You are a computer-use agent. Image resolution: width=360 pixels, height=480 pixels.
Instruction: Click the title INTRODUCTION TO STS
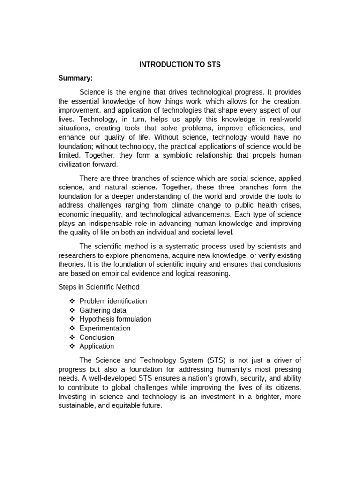tap(180, 65)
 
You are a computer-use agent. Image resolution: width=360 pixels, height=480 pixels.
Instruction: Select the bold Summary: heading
tap(75, 78)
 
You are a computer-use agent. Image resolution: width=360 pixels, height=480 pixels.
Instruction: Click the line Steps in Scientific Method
tap(98, 287)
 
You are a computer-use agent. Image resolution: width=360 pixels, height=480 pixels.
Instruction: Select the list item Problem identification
tap(113, 301)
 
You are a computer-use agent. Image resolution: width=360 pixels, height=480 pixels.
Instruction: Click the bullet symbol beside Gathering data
tap(72, 310)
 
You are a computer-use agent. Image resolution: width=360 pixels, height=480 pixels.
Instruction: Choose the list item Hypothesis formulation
tap(115, 319)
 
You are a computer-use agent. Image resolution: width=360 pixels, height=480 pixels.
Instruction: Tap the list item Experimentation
tap(105, 328)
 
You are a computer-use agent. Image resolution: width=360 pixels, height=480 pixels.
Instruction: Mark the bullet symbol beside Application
tap(72, 346)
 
